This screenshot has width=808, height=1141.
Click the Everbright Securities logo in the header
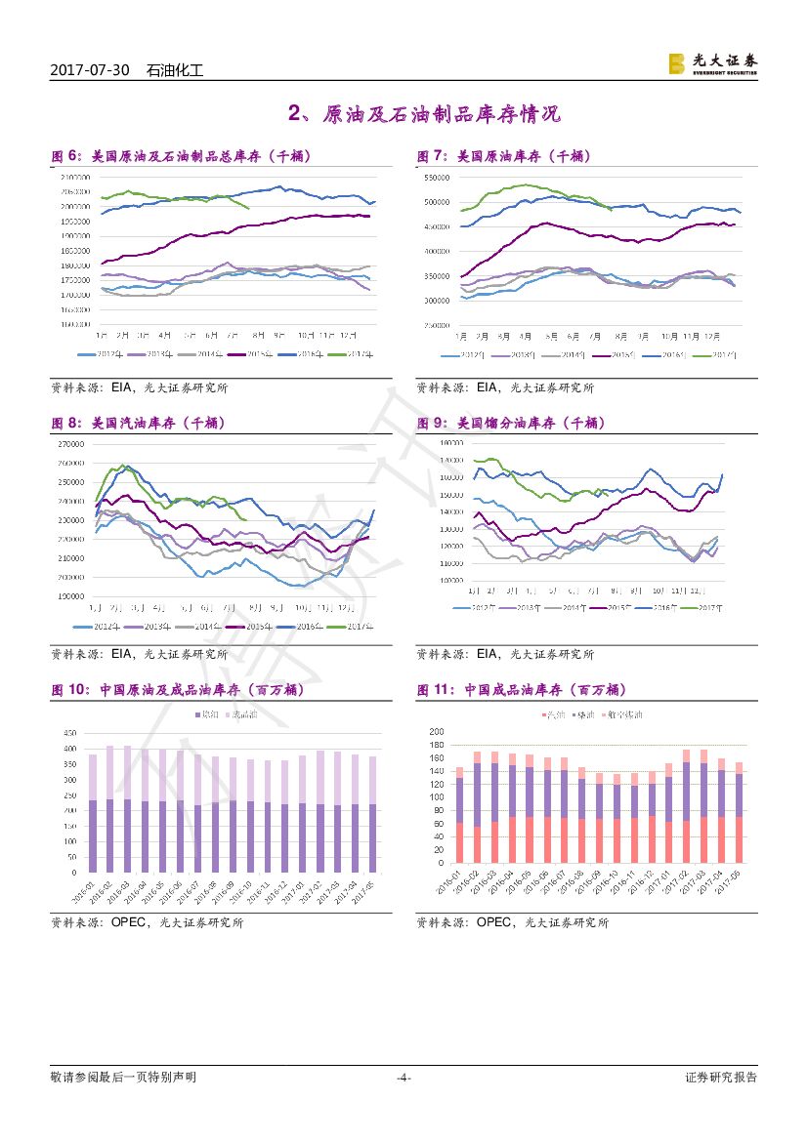coord(712,63)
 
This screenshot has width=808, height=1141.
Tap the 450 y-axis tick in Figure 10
coord(70,733)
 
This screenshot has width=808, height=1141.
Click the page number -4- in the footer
coord(404,1078)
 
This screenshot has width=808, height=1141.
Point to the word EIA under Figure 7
coord(489,387)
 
